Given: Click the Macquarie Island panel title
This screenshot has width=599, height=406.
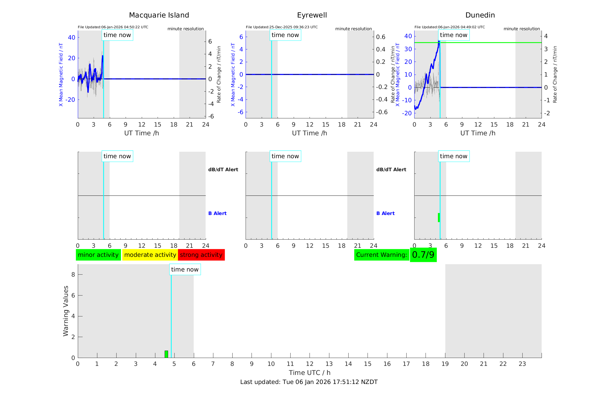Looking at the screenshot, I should pyautogui.click(x=159, y=15).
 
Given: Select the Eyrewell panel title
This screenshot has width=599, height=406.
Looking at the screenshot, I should pyautogui.click(x=312, y=15).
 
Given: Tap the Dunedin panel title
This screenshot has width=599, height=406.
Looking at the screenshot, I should pyautogui.click(x=480, y=15).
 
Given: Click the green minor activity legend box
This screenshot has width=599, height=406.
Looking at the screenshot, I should pyautogui.click(x=98, y=255).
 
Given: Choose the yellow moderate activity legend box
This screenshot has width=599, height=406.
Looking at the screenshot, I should pyautogui.click(x=150, y=255).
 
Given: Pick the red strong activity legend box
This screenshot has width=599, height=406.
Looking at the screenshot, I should pyautogui.click(x=201, y=255).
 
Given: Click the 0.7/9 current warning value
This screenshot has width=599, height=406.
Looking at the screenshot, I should pyautogui.click(x=423, y=255).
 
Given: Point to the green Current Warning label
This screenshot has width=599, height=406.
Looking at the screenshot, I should pyautogui.click(x=381, y=255).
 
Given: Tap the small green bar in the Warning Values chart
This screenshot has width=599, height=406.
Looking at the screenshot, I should pyautogui.click(x=166, y=354).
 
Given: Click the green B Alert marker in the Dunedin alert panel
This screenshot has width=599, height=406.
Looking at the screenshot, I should pyautogui.click(x=439, y=218).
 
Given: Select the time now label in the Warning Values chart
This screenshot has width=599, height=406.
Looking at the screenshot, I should pyautogui.click(x=185, y=270).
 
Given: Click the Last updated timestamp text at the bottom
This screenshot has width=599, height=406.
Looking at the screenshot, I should pyautogui.click(x=309, y=382).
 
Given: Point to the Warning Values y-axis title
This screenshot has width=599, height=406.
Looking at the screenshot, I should pyautogui.click(x=66, y=311).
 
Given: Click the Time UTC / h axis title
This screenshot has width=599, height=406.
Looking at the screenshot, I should pyautogui.click(x=310, y=373).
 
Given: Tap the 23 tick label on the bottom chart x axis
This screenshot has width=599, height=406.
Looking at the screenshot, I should pyautogui.click(x=522, y=364).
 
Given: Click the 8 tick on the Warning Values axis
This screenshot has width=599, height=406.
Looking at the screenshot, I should pyautogui.click(x=73, y=275).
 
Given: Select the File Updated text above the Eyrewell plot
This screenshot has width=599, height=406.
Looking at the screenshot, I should pyautogui.click(x=282, y=27).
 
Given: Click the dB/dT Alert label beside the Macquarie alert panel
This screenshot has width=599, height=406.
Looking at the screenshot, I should pyautogui.click(x=223, y=170).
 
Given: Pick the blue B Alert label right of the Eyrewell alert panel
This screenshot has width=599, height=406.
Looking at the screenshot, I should pyautogui.click(x=385, y=213).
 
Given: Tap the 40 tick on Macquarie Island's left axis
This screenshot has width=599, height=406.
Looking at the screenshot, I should pyautogui.click(x=72, y=37).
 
